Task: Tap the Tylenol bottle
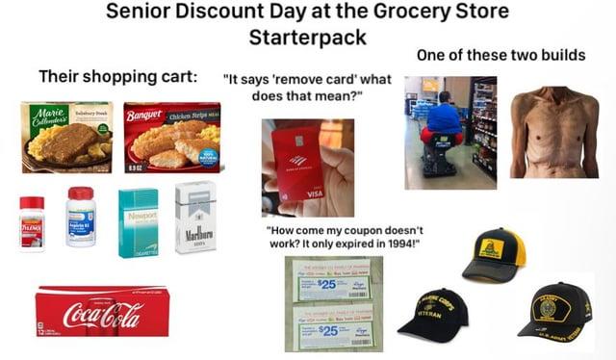(x=32, y=223)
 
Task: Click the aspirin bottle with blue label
(x=81, y=219)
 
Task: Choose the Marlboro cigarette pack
(x=196, y=219)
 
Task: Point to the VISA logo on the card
(x=315, y=193)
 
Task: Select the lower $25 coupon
(x=326, y=328)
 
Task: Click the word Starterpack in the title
(x=307, y=38)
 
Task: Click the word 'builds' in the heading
(x=558, y=56)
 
